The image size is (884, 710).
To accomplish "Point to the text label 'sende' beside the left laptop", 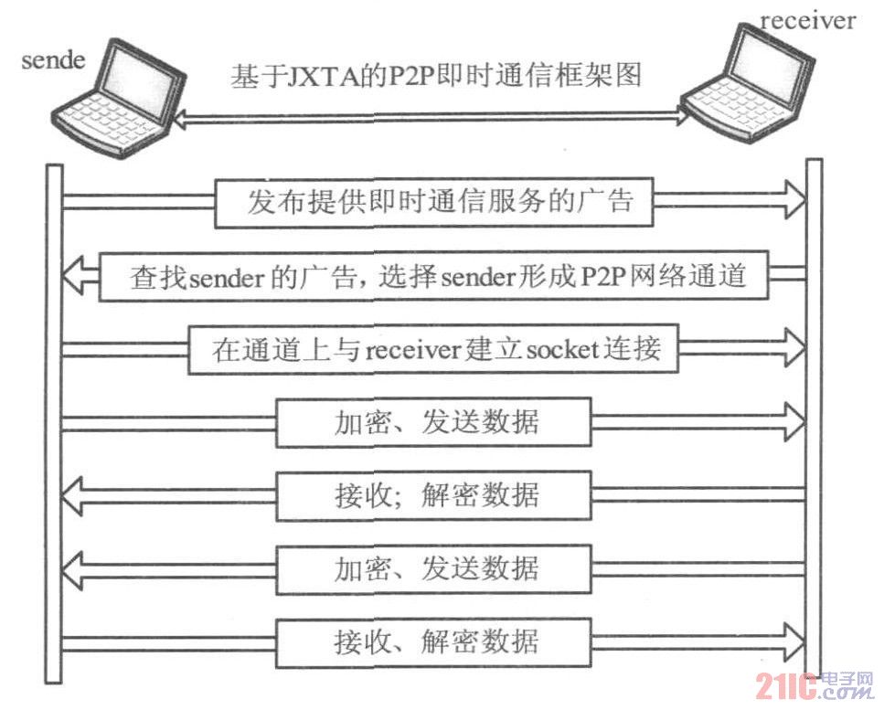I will pos(53,61).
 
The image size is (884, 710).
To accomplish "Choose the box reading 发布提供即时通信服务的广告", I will pos(434,201).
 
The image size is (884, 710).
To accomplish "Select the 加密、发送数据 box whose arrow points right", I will pos(433,421).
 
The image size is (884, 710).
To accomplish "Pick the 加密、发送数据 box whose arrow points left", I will pos(433,568).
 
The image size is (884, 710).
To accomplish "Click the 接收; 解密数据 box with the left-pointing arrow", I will pos(433,495).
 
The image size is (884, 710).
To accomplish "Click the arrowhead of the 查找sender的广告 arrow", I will pos(77,275).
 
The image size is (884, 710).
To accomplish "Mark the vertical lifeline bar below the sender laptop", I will pos(54,420).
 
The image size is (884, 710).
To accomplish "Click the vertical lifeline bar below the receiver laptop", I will pos(814,420).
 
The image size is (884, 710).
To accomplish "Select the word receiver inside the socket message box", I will pos(410,349).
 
